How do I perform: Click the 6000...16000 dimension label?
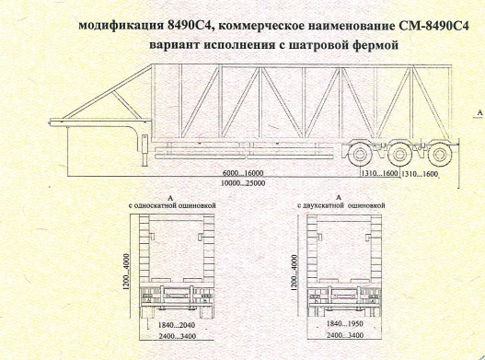tap(243, 173)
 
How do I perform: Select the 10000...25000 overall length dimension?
tap(243, 182)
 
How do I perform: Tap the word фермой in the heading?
tap(371, 44)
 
